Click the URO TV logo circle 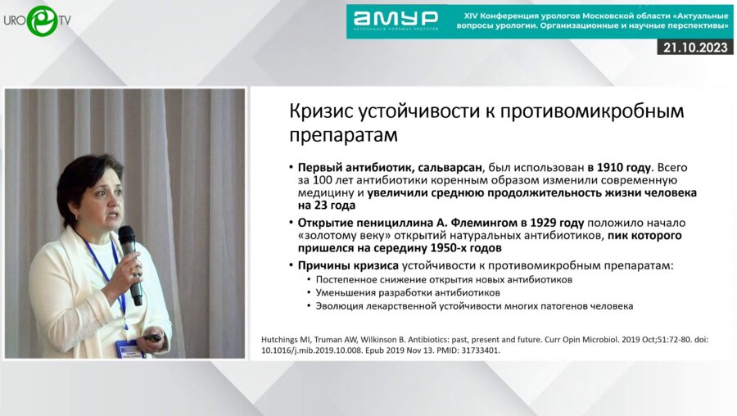(40, 20)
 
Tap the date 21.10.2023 (694, 47)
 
